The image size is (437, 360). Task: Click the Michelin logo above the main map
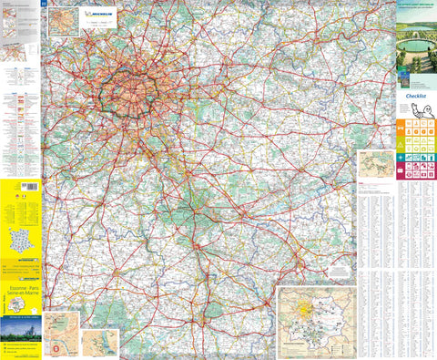coord(101,15)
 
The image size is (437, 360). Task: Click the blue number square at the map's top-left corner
coord(45,5)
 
